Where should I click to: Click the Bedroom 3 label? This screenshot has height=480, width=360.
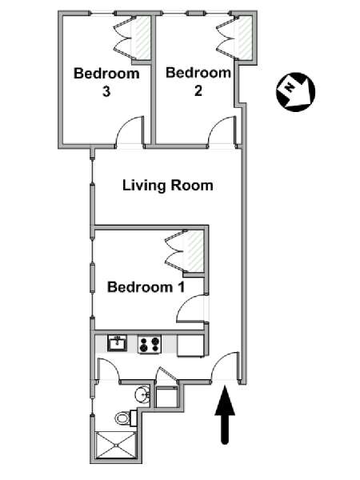click(x=106, y=82)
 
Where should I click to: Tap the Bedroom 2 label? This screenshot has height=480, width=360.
click(x=198, y=82)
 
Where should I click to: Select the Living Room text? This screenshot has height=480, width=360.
click(x=168, y=186)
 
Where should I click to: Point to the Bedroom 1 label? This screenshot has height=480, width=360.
click(x=146, y=287)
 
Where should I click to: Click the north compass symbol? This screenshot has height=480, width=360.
click(x=295, y=92)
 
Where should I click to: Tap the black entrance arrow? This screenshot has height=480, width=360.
click(x=225, y=414)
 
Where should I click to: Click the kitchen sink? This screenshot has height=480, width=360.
click(x=117, y=343)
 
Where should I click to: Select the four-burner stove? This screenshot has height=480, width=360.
click(x=150, y=344)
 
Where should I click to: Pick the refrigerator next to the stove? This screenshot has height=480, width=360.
click(x=191, y=346)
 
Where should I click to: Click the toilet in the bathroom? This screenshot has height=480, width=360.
click(x=126, y=418)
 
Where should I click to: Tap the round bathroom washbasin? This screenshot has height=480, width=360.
click(x=142, y=394)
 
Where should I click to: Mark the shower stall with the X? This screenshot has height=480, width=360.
click(x=116, y=445)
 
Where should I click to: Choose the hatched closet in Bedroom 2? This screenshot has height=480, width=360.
click(x=244, y=38)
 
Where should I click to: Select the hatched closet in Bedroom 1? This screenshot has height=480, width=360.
click(x=194, y=251)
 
